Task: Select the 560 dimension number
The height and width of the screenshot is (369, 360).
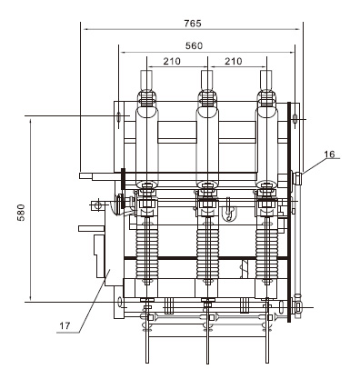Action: [191, 45]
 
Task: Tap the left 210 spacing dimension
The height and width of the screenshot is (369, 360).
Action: [170, 62]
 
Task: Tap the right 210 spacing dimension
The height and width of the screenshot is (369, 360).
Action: [232, 62]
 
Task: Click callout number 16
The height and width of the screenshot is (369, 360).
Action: [329, 155]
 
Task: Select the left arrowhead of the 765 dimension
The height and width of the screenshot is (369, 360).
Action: [84, 28]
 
